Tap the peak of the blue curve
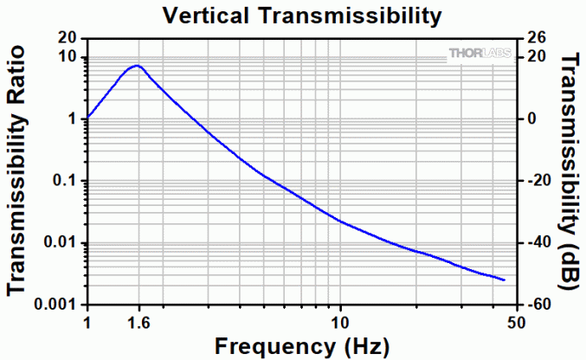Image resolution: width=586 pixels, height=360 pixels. [x=137, y=66]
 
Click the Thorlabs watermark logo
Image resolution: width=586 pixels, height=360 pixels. [x=480, y=54]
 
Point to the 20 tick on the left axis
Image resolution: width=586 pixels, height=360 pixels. [x=68, y=39]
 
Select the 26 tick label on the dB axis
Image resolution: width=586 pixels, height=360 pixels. [x=537, y=39]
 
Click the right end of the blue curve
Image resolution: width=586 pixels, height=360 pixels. [x=505, y=280]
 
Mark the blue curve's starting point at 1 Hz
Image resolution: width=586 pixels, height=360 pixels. [x=87, y=118]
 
